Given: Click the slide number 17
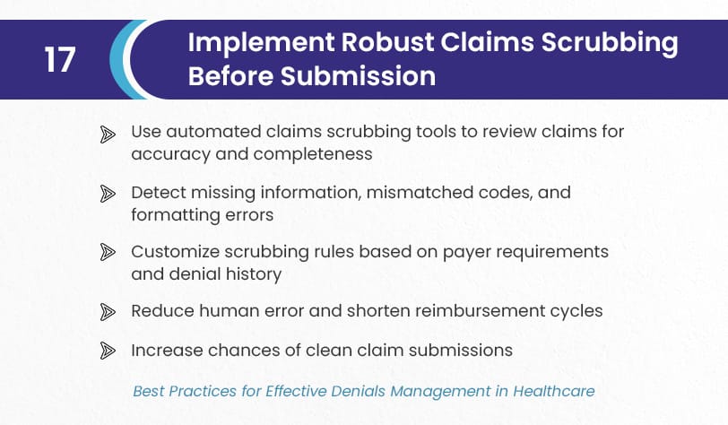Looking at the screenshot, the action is coord(60,59).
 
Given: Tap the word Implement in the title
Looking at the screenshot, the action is coord(261,42).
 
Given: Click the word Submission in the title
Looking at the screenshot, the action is coord(358,75).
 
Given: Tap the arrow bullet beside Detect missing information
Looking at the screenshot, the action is coord(108,194).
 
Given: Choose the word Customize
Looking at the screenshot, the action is coord(176,252).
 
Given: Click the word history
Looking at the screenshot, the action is coord(254,274).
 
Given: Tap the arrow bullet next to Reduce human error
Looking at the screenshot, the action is coord(108,312).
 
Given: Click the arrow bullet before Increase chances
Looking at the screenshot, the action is coord(108,351).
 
